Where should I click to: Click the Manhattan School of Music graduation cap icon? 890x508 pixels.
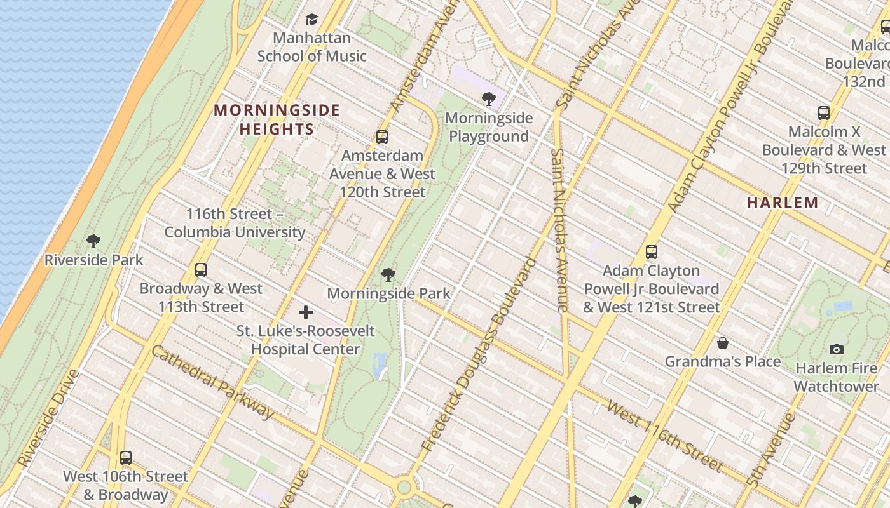click(311, 20)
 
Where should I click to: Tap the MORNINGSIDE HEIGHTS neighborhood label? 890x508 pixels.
click(277, 119)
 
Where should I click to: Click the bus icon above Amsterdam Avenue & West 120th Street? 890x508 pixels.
click(381, 137)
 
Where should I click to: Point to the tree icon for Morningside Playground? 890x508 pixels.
click(488, 99)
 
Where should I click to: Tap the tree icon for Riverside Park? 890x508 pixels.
click(93, 241)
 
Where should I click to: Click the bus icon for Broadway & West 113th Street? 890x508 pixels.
click(201, 270)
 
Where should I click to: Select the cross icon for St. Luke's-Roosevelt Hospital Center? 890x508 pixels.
click(306, 312)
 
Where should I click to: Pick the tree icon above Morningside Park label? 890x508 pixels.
click(388, 275)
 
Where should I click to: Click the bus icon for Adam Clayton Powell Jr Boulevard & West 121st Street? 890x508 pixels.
click(651, 252)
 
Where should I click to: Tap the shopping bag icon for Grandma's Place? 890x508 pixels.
click(722, 343)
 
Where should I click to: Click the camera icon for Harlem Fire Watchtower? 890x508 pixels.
click(837, 349)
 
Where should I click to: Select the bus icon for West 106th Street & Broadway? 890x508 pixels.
click(126, 457)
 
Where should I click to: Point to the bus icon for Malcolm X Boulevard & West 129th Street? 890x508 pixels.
click(824, 113)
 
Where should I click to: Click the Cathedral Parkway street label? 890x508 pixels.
click(213, 383)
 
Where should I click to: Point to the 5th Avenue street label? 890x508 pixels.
click(772, 450)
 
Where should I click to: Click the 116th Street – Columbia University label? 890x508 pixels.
click(235, 223)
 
